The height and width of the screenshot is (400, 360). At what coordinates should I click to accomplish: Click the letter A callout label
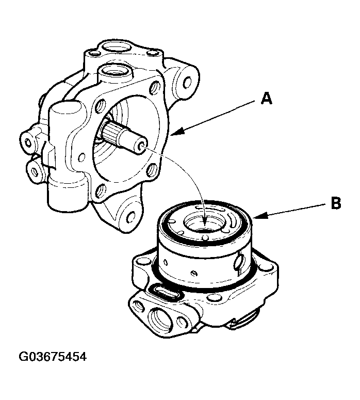(266, 98)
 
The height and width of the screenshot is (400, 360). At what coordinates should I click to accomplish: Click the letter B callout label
(336, 203)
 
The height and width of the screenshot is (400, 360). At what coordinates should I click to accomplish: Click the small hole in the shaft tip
(138, 148)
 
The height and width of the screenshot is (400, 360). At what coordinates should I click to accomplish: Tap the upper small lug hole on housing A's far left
(27, 138)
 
